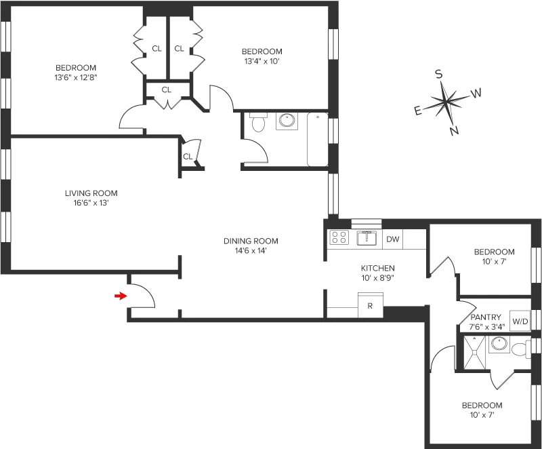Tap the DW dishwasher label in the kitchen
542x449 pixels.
(392, 239)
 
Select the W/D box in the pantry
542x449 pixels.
(520, 321)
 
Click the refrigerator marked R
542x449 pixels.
(370, 306)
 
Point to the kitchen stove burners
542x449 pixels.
(338, 237)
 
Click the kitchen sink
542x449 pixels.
(367, 237)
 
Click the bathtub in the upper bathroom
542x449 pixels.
(317, 140)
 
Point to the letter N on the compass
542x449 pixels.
(455, 131)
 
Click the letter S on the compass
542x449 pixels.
(439, 75)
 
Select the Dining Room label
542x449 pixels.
(251, 241)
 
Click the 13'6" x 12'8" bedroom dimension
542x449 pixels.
(76, 77)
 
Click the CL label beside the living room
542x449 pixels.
(188, 157)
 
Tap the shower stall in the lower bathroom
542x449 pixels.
(474, 351)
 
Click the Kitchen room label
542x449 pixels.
(377, 268)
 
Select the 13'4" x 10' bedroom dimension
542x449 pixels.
(262, 61)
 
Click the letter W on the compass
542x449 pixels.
(476, 92)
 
